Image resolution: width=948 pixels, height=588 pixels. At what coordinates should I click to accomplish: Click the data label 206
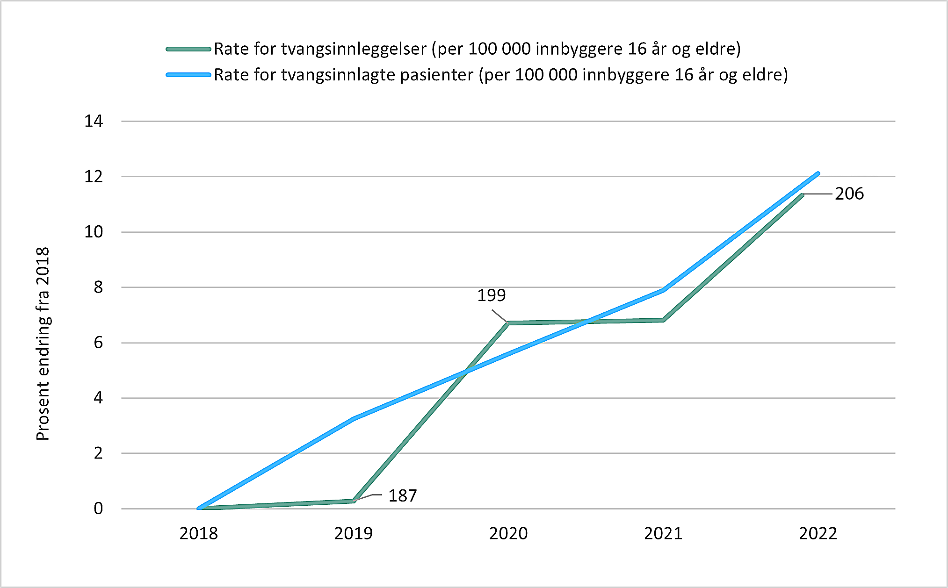pos(849,194)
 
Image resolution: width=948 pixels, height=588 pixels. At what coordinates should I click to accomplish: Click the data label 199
pos(491,295)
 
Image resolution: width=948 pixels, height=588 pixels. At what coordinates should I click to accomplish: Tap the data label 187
pos(402,495)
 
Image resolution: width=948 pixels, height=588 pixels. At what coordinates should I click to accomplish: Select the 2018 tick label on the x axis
pos(198,533)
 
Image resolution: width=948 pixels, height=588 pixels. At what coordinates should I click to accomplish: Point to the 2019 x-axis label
pos(353,533)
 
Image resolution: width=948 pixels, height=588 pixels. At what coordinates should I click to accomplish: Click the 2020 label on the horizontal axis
pos(508,533)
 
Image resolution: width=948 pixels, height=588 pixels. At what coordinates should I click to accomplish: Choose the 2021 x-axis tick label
pos(663,533)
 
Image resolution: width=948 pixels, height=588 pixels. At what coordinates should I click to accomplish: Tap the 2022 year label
pos(818,533)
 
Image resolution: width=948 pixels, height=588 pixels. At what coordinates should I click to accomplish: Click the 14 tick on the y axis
pos(94,122)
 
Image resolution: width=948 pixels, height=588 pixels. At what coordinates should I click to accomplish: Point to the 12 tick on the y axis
pos(94,177)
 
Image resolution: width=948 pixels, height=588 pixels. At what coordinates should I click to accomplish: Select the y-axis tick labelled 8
pos(98,287)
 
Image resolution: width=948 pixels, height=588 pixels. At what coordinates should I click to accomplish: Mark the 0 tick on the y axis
pos(98,509)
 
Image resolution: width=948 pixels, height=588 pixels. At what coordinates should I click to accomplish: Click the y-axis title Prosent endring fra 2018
pos(43,344)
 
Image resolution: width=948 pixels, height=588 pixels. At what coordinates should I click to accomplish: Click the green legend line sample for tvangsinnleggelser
pos(188,49)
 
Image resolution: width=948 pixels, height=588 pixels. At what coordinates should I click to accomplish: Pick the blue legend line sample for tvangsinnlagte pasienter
pos(188,75)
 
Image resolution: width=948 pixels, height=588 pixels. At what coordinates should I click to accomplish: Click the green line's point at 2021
pos(663,320)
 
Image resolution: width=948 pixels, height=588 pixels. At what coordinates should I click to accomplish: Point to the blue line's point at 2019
pos(354,419)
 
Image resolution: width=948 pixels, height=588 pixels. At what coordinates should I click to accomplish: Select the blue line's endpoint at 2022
pos(818,173)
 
